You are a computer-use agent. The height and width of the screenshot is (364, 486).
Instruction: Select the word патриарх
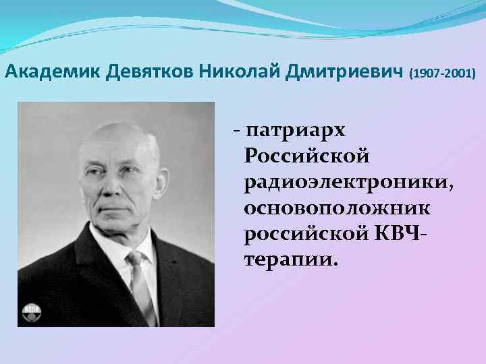(296, 129)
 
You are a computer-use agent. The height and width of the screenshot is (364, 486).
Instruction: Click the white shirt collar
(122, 253)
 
